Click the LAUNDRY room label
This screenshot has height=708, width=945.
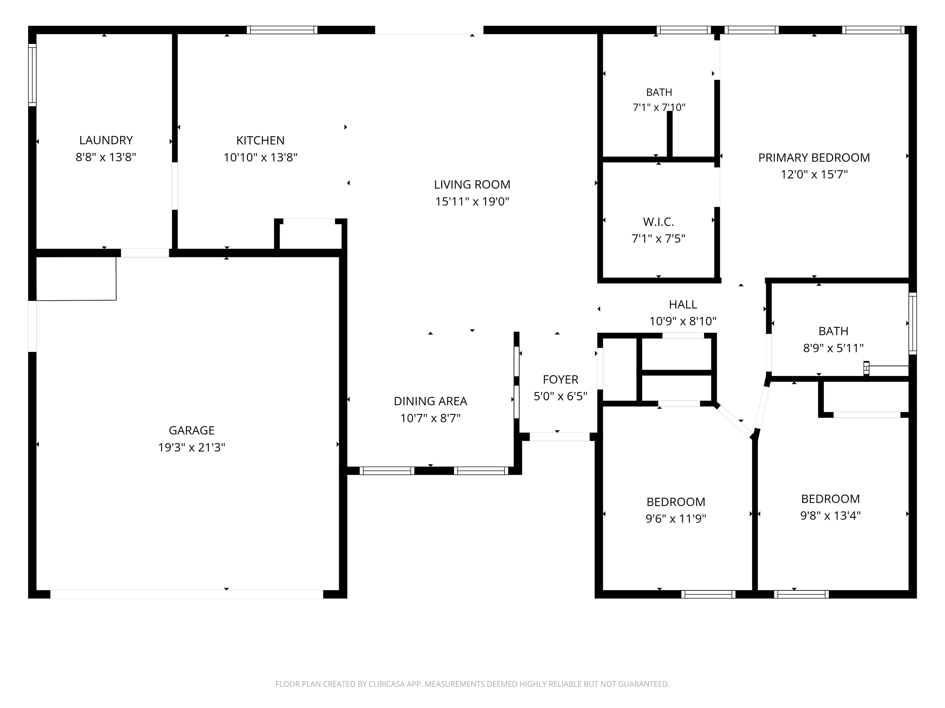[106, 140]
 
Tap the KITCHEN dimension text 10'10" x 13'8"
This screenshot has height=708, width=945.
[260, 157]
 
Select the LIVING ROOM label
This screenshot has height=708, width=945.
[472, 184]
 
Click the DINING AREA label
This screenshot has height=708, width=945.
[430, 401]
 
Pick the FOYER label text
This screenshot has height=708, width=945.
[560, 380]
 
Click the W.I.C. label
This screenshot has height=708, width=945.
[658, 222]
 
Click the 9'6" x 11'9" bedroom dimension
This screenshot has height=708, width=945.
[676, 518]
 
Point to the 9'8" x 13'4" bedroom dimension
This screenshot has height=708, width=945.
[830, 516]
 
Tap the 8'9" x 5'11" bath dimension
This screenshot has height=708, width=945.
[833, 348]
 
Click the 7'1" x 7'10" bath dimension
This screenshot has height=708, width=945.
[659, 107]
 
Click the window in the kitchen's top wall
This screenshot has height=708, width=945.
[282, 30]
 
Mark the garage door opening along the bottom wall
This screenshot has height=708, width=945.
[187, 594]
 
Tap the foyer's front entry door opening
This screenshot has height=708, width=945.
[559, 437]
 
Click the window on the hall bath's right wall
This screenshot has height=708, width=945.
[912, 324]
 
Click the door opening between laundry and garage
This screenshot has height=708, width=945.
[145, 253]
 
